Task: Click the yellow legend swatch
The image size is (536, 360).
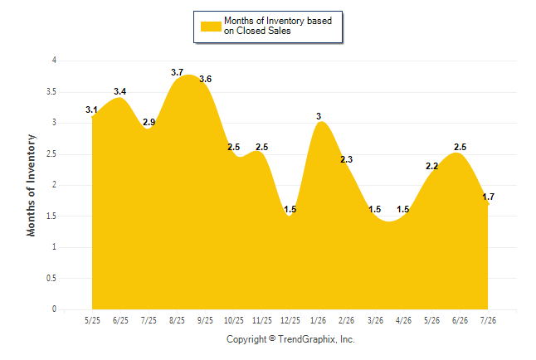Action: [x=211, y=27]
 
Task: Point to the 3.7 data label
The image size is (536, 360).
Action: [x=177, y=72]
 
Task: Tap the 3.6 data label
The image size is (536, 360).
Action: [x=206, y=79]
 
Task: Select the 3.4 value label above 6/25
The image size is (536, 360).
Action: [x=120, y=91]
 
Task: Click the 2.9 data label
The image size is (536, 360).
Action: [x=149, y=122]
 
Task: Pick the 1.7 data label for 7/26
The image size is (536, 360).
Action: [x=488, y=197]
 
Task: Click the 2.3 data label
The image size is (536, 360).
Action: [x=346, y=159]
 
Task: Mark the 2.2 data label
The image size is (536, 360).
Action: [x=431, y=166]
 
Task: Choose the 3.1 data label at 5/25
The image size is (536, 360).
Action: [x=91, y=109]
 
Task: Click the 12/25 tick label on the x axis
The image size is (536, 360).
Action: [x=290, y=321]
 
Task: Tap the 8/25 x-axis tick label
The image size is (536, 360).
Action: [x=177, y=321]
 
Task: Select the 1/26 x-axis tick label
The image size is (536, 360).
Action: [x=319, y=321]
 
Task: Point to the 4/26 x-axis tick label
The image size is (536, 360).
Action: [x=403, y=321]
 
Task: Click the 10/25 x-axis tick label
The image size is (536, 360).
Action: [x=234, y=321]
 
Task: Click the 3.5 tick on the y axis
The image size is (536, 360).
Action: [x=51, y=92]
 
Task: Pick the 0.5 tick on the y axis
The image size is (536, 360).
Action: [x=51, y=278]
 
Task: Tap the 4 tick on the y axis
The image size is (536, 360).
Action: [x=54, y=61]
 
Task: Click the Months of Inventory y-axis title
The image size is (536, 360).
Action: [x=31, y=185]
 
